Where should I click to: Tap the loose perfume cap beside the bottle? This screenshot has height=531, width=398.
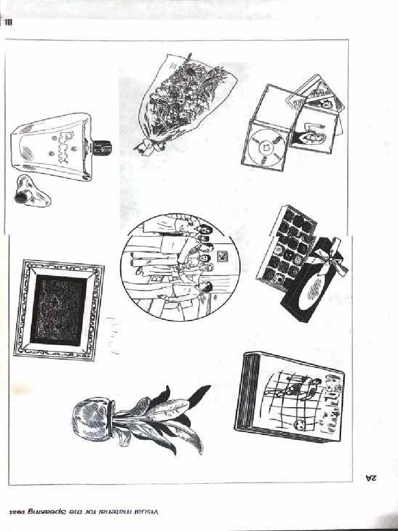click(x=31, y=192)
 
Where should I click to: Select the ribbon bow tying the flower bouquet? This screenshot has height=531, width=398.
click(x=148, y=146)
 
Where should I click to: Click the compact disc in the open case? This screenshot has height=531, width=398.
click(x=264, y=147)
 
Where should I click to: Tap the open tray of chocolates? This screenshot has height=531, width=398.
click(x=286, y=246)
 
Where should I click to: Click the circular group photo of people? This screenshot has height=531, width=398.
click(x=180, y=268)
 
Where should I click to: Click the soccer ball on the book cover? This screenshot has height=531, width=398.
click(x=299, y=425)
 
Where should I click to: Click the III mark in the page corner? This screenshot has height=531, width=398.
click(x=9, y=23)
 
